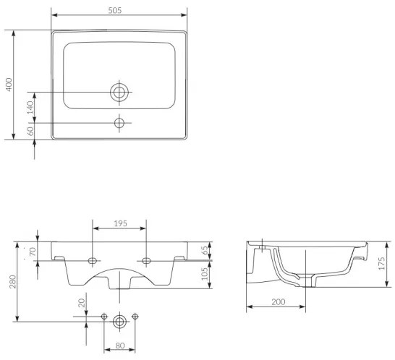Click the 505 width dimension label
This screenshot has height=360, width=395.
click(119, 9)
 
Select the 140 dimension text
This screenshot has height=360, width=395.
click(30, 107)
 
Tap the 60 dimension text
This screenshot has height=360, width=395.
click(30, 131)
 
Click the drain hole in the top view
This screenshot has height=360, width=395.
click(119, 92)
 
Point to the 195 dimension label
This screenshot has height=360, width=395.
click(120, 224)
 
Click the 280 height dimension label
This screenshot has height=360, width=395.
click(11, 282)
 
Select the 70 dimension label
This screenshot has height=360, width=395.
click(32, 252)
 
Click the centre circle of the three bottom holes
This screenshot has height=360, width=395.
click(119, 317)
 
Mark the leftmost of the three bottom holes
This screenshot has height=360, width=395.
click(106, 317)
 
